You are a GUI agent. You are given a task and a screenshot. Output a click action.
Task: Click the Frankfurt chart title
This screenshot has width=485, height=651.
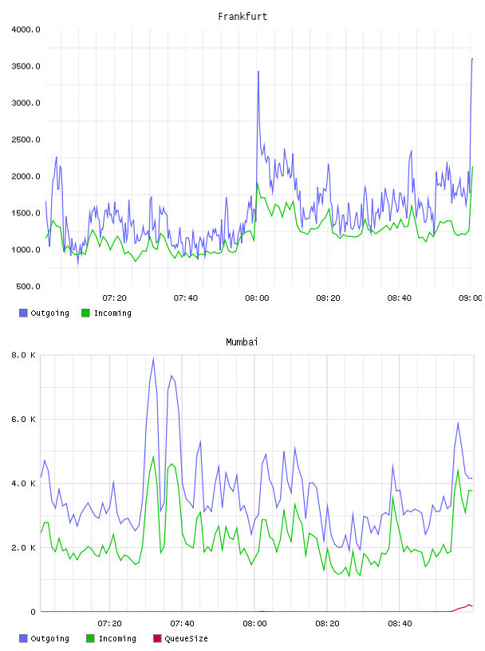coord(242,16)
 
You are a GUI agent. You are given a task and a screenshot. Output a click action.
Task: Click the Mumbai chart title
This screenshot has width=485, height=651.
coord(242,341)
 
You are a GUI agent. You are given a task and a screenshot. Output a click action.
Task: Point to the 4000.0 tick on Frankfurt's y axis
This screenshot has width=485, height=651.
coord(26,30)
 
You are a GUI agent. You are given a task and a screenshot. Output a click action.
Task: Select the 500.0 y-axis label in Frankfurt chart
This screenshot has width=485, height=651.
coord(28,286)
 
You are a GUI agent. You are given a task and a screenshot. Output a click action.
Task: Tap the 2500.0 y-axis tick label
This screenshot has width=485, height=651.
coord(26,140)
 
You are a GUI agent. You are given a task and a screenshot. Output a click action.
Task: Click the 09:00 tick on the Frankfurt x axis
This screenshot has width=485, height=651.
coord(470,298)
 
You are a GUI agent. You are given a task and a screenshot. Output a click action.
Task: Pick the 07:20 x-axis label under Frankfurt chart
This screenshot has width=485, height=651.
coord(115,298)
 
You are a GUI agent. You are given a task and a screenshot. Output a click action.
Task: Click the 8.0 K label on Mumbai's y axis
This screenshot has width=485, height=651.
coord(23,355)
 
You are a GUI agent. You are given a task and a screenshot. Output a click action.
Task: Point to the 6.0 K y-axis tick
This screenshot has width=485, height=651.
coord(23,420)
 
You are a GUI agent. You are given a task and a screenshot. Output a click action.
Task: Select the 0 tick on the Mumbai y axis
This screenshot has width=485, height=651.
coord(33,612)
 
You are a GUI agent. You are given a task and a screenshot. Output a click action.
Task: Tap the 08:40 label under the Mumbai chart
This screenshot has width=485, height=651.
coord(400,623)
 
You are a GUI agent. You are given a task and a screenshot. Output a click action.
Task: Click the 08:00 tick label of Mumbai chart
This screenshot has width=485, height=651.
coord(254,623)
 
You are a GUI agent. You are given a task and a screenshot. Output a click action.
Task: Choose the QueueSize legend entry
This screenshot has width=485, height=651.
coord(180,638)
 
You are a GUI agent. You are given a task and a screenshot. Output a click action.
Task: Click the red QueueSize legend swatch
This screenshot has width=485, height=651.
coord(157,638)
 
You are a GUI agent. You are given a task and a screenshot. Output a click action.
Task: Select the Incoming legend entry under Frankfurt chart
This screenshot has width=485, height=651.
coord(106,313)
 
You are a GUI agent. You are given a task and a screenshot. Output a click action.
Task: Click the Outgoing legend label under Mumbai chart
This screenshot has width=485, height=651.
coord(49,638)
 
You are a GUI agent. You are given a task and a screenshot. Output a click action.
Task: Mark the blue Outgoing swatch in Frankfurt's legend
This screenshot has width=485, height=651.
coord(23,313)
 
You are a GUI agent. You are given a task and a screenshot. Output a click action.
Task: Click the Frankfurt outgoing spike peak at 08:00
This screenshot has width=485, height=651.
coord(258,72)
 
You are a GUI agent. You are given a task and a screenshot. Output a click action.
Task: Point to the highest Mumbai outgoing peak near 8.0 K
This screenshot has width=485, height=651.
coord(153,358)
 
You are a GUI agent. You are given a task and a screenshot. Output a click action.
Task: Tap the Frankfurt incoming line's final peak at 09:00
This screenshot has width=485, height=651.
coord(472,167)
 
